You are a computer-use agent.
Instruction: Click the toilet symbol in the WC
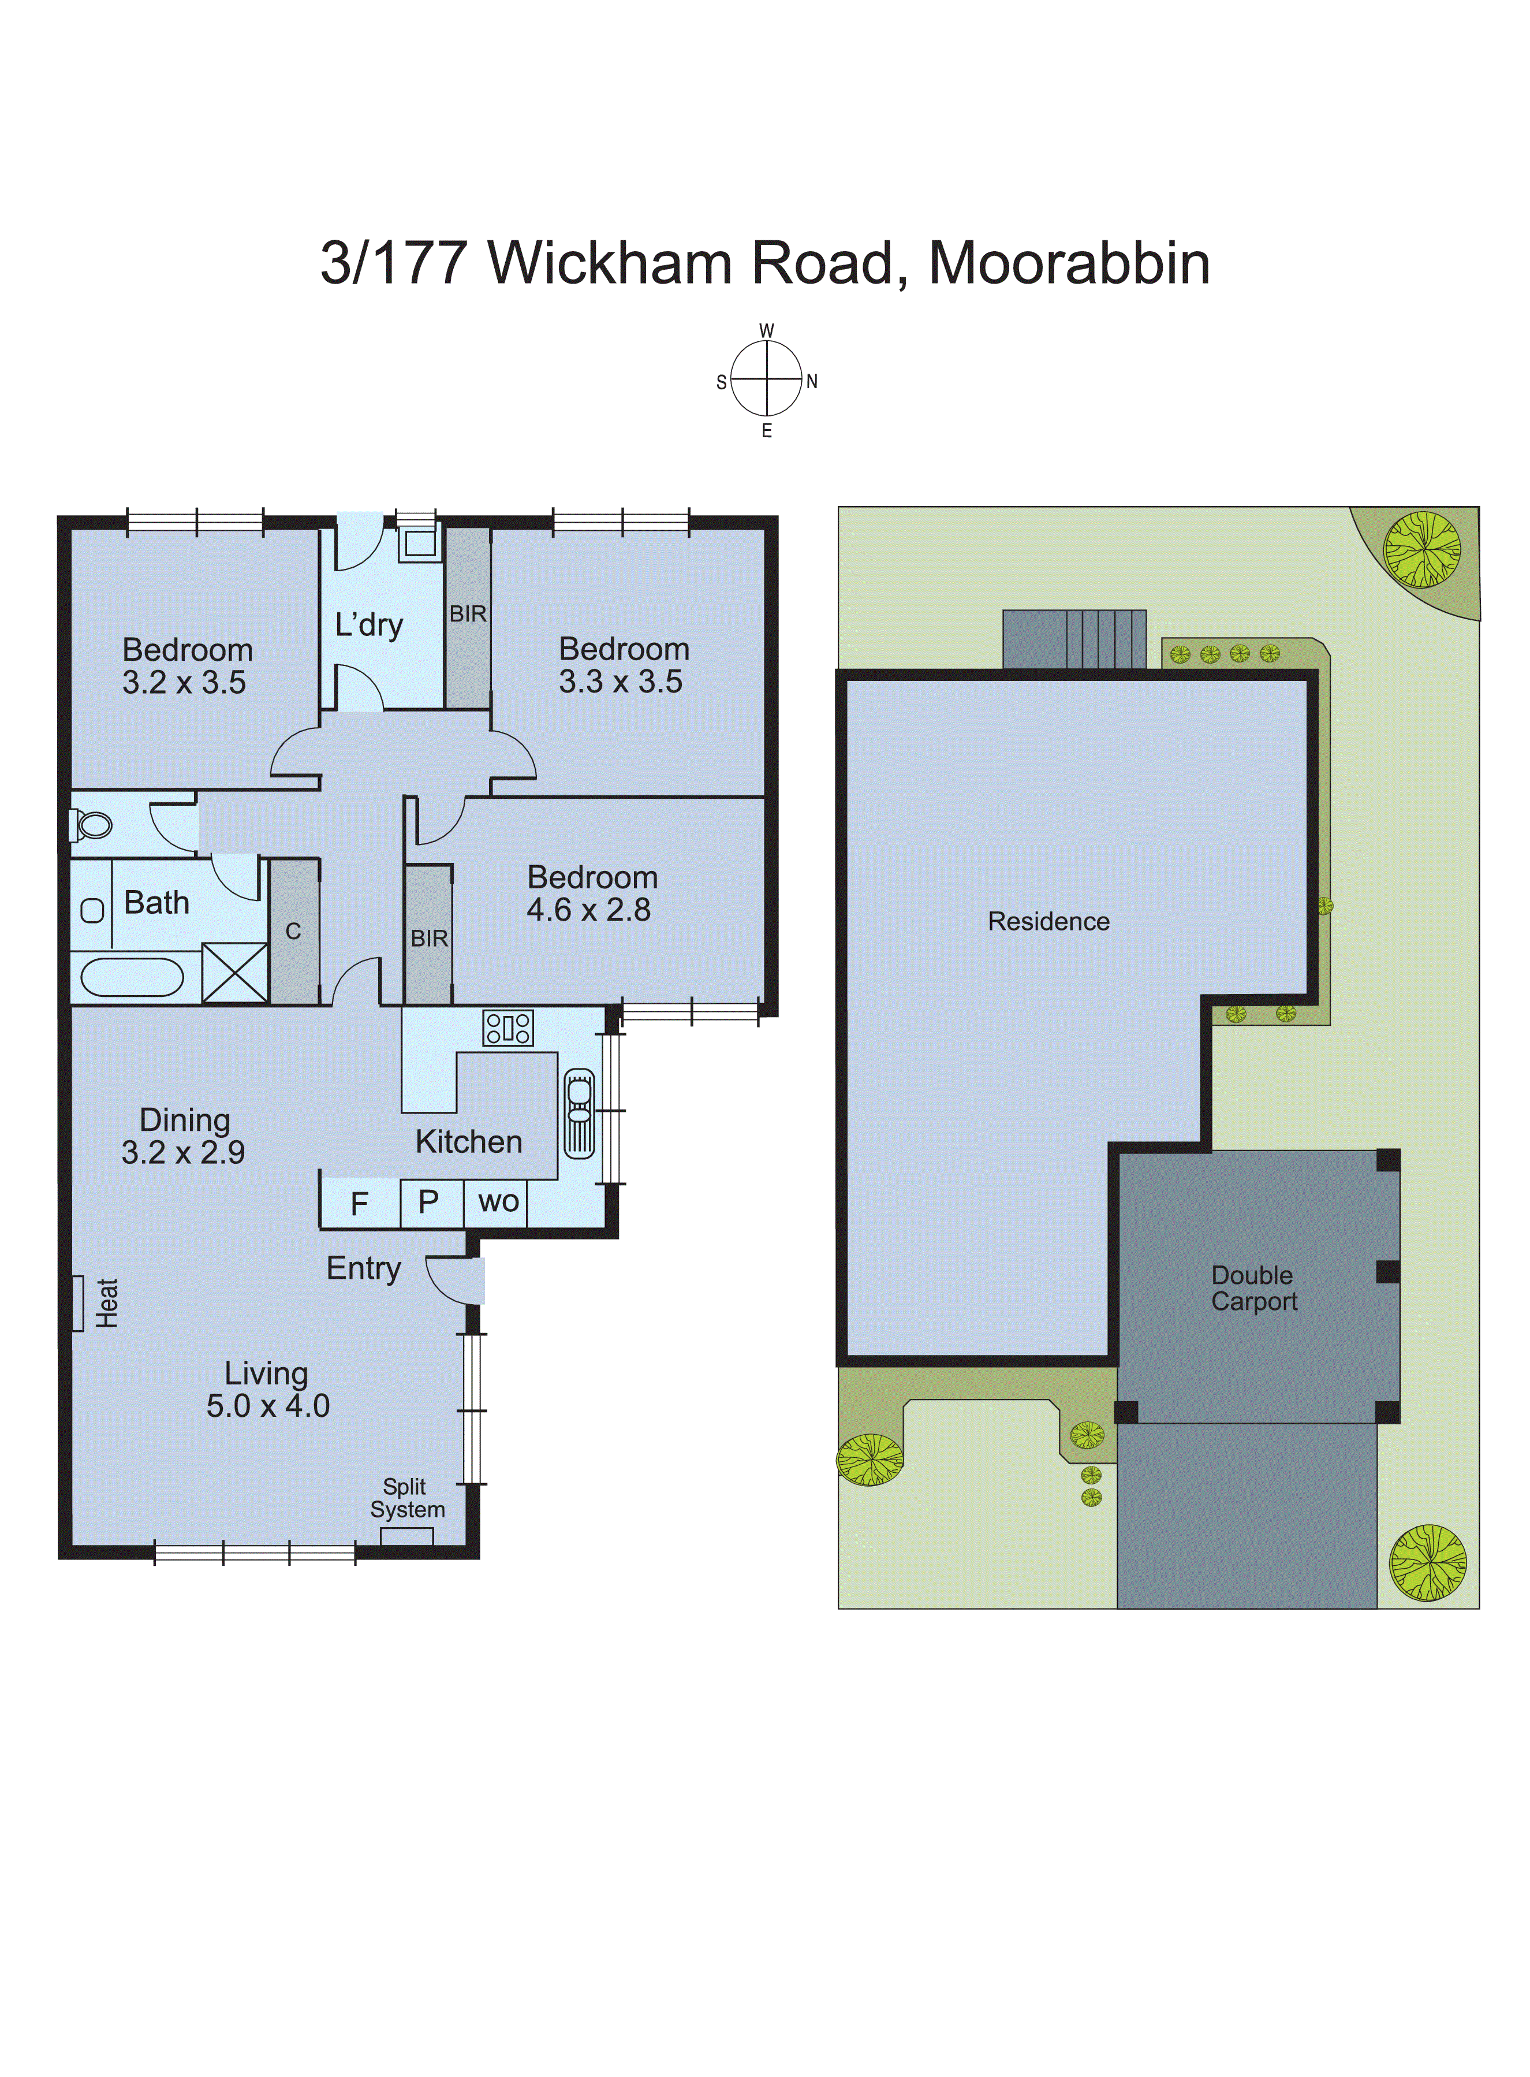tap(92, 824)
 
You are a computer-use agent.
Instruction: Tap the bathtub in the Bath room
tap(132, 977)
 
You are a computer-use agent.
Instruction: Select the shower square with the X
tap(235, 972)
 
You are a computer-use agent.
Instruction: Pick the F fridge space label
tap(359, 1203)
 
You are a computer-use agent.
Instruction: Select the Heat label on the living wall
tap(106, 1302)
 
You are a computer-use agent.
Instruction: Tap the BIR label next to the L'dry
tap(468, 614)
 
